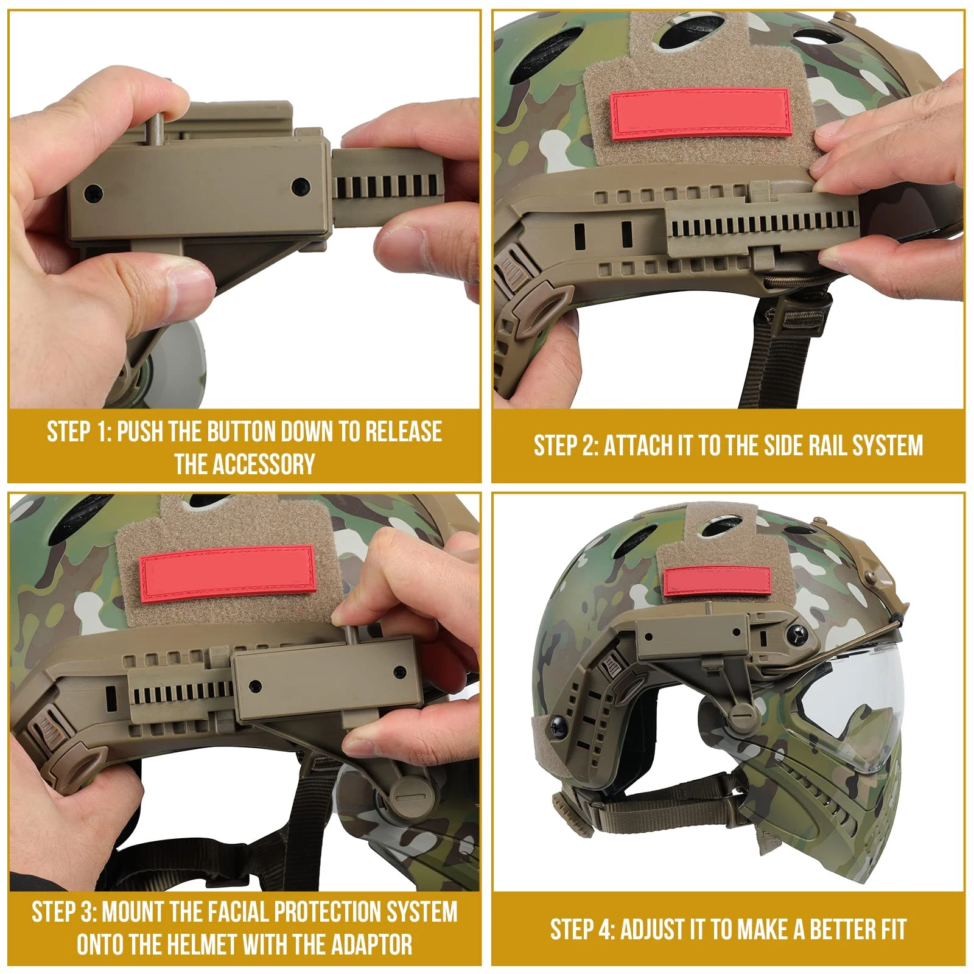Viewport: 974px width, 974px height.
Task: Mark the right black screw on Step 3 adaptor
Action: point(400,672)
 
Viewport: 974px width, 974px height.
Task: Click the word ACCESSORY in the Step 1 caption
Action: point(245,464)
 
